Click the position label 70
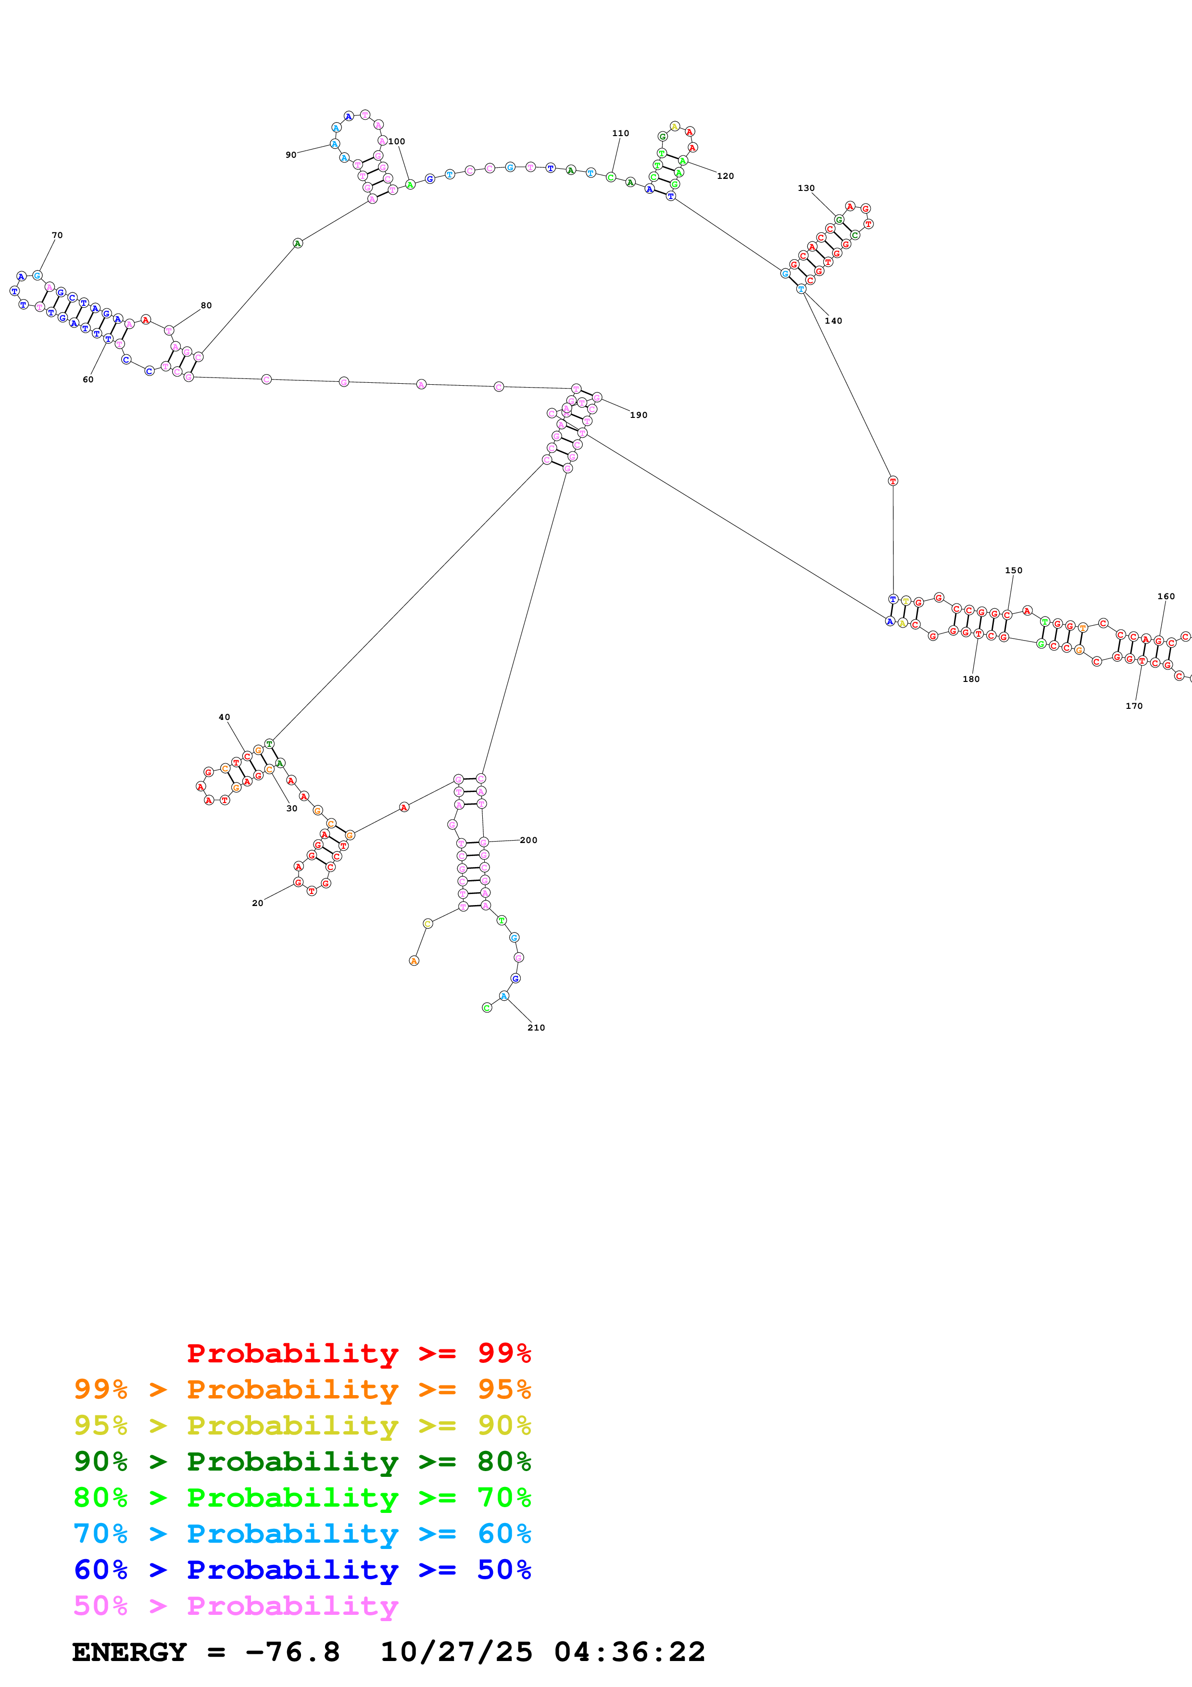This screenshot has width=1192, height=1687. (x=57, y=235)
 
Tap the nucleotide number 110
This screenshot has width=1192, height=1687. (x=621, y=133)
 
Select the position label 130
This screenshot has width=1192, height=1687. (x=806, y=188)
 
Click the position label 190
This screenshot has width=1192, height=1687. (x=638, y=415)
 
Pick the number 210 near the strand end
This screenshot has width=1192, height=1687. (x=536, y=1027)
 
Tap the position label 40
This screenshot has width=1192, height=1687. (x=224, y=717)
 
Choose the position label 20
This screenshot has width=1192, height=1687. (x=257, y=903)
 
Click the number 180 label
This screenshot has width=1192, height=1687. (x=971, y=679)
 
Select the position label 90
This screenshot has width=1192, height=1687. (x=291, y=155)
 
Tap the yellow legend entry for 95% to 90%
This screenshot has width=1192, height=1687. (x=302, y=1425)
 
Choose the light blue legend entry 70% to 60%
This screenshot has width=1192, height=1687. (x=302, y=1534)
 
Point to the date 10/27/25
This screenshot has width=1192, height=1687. (x=456, y=1652)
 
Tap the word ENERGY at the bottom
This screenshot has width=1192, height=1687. (x=129, y=1652)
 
